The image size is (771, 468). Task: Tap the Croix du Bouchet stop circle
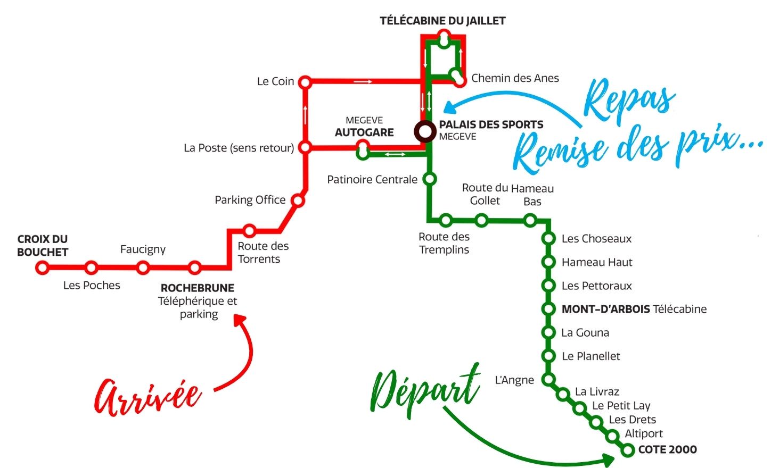(x=43, y=268)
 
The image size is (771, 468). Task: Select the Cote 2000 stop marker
(x=628, y=450)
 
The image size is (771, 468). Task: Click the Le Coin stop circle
(x=305, y=82)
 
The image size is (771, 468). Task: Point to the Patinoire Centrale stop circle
(x=430, y=179)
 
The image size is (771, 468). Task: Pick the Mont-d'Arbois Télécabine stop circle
(x=548, y=309)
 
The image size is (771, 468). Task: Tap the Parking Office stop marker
(x=298, y=200)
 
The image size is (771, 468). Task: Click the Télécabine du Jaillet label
(x=442, y=21)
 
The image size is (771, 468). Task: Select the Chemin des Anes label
(x=515, y=78)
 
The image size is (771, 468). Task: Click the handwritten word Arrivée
(x=147, y=397)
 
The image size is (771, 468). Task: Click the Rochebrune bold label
(x=198, y=288)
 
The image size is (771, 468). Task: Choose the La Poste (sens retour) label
(x=239, y=148)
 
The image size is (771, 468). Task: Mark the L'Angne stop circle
(x=548, y=380)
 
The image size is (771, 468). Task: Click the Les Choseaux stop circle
(x=548, y=239)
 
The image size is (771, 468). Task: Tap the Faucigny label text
(x=143, y=249)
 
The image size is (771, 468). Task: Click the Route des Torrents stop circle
(x=249, y=231)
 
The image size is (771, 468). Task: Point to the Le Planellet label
(x=591, y=356)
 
